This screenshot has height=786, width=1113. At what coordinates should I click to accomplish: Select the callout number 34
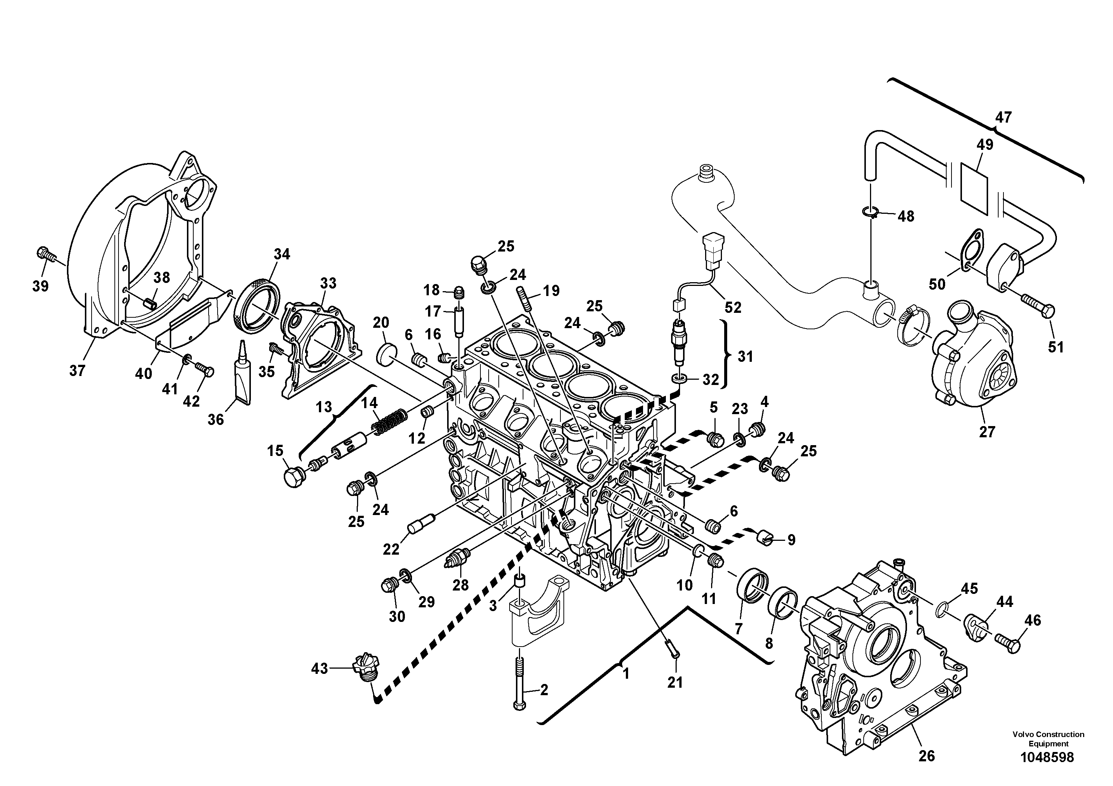[282, 255]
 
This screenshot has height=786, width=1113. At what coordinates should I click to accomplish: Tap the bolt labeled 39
[44, 253]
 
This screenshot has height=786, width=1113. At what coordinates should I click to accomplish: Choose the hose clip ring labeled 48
[871, 212]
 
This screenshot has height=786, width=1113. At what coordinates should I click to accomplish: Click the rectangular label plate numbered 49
[974, 189]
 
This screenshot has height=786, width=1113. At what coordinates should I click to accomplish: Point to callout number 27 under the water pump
[987, 432]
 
